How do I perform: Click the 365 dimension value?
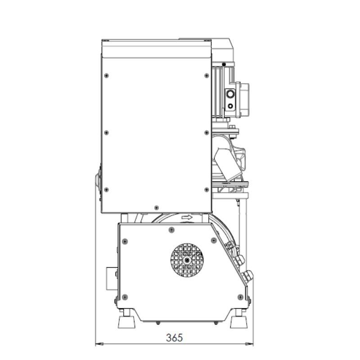(175, 337)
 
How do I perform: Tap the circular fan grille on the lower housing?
(187, 260)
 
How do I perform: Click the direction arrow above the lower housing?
(187, 217)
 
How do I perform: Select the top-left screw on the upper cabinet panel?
(106, 76)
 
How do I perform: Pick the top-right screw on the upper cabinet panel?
(207, 76)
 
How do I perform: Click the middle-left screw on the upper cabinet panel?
(106, 133)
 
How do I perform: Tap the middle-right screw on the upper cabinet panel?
(207, 133)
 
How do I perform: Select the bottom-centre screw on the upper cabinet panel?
(157, 208)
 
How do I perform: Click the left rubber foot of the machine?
(126, 322)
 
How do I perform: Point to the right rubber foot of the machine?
(239, 322)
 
